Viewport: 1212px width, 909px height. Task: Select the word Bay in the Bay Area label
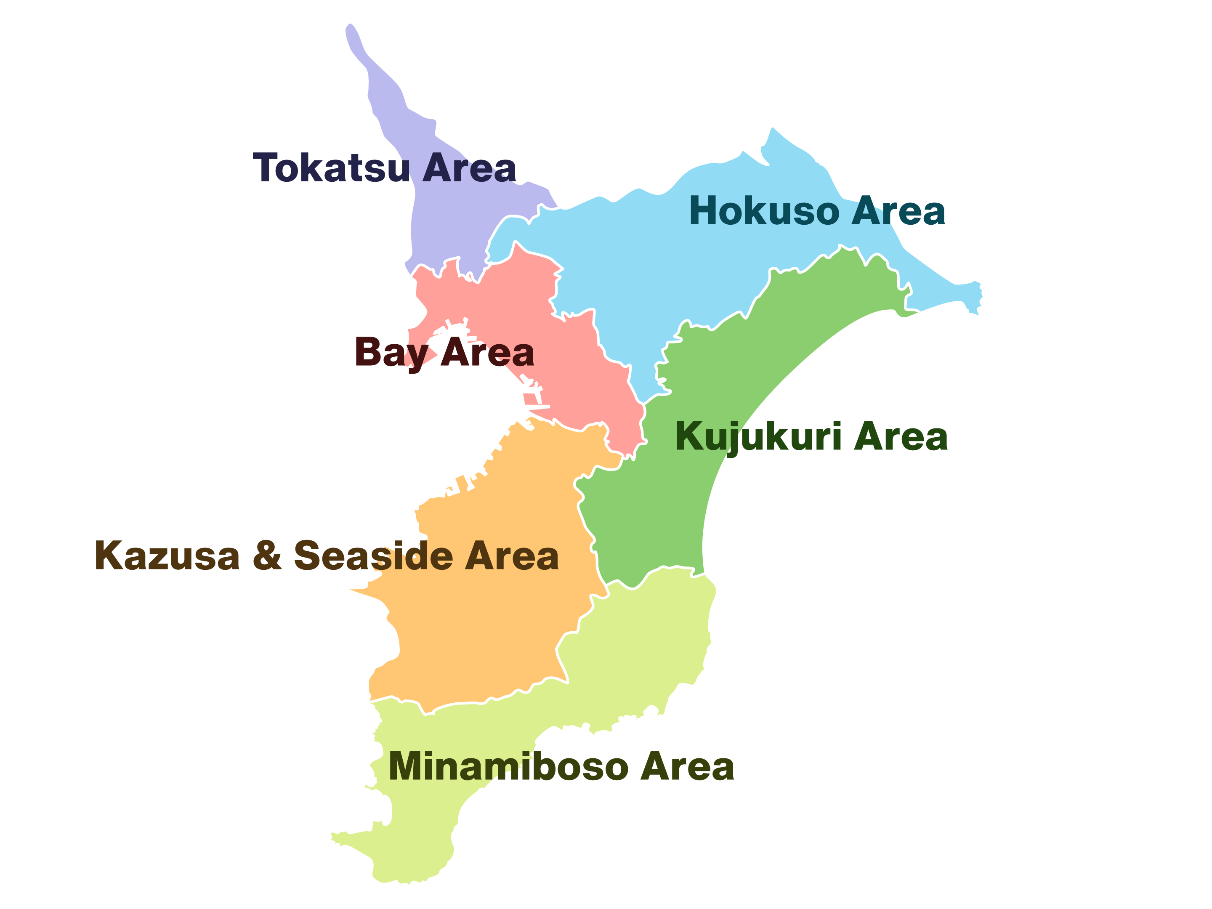tap(391, 352)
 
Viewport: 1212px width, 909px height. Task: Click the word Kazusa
tap(167, 556)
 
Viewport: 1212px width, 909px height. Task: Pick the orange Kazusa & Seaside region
tap(493, 630)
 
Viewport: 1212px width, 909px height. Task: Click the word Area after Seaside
tap(512, 556)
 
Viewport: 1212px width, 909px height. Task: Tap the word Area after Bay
tap(488, 352)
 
